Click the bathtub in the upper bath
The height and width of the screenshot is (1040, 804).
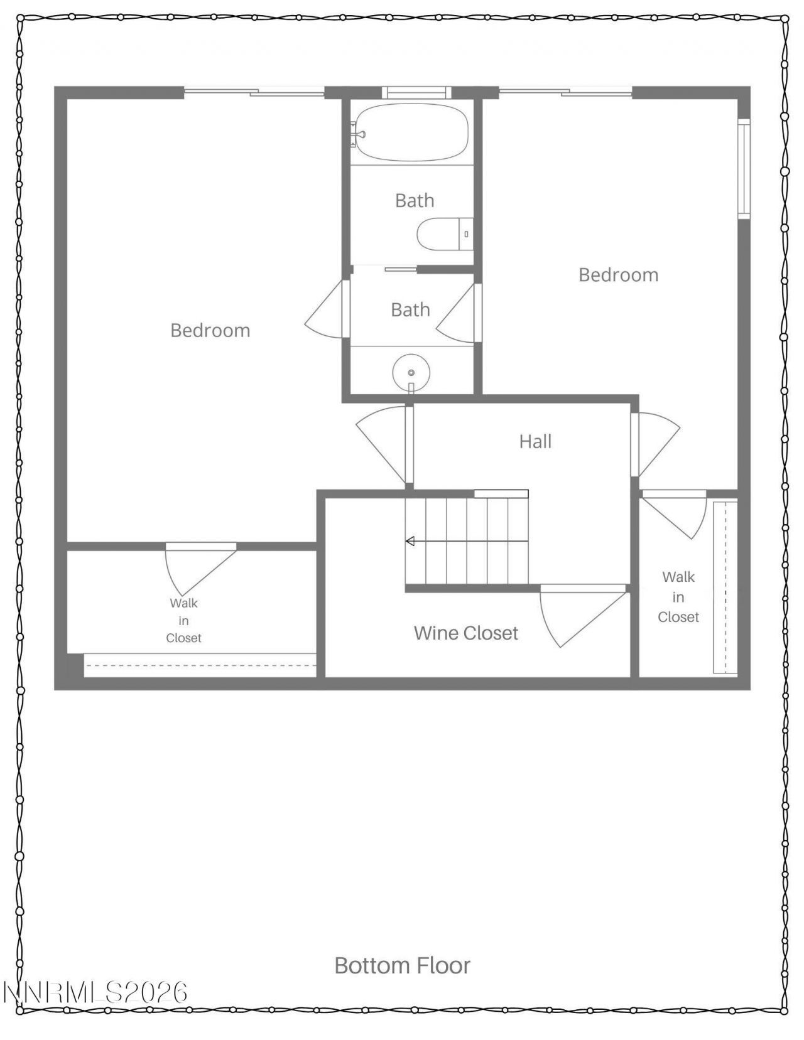coord(411,132)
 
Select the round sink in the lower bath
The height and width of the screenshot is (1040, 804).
coord(411,373)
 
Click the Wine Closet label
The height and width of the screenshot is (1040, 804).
coord(465,633)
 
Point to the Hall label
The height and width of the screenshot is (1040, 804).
coord(535,441)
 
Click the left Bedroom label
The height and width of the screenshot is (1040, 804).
coord(210,330)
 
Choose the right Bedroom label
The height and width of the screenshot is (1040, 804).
coord(618,275)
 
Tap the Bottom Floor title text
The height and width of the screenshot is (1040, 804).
coord(402,965)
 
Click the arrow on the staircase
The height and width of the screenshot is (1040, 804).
coord(410,541)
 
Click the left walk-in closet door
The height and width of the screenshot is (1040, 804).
coord(198,568)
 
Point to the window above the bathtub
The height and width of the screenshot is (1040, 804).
coord(416,93)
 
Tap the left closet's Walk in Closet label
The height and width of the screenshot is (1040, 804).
coord(183,620)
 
